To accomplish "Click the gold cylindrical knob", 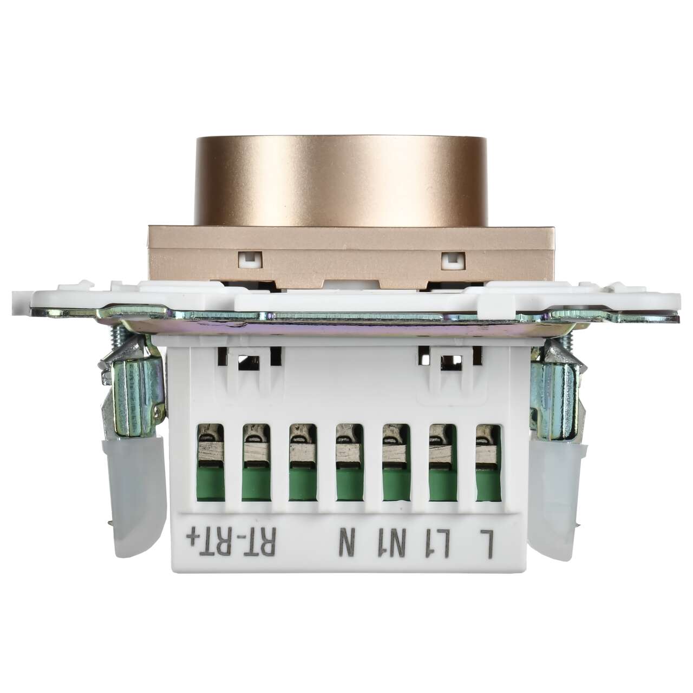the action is (x=341, y=181).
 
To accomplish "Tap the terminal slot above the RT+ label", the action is (x=210, y=464).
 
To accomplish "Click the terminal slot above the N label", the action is (x=349, y=464).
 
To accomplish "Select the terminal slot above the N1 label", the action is (x=396, y=464).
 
